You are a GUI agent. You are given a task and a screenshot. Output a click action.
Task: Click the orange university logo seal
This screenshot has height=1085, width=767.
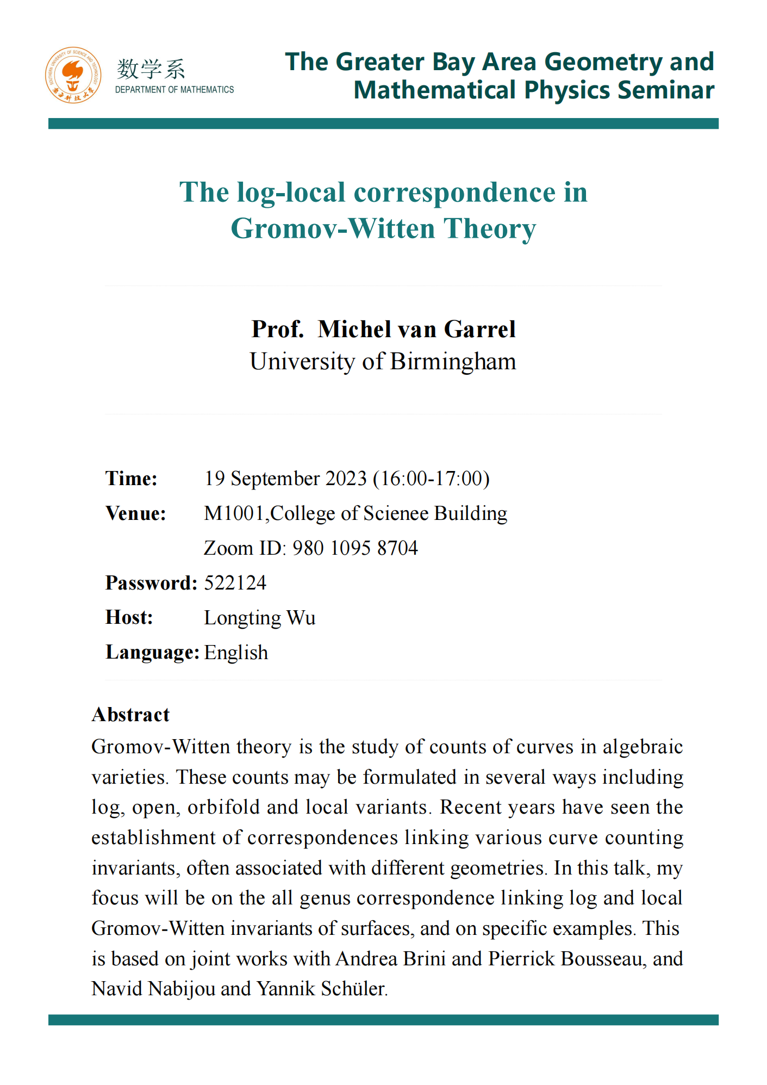coord(73,75)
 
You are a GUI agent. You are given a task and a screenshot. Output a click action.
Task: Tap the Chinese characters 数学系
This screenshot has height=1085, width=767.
coord(151,69)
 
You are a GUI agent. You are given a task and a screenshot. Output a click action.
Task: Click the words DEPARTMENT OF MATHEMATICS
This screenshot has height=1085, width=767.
coord(174,90)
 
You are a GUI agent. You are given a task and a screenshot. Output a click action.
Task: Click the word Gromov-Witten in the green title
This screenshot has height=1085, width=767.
coord(333,228)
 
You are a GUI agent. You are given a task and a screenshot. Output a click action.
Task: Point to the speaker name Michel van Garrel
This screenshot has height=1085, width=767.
coord(416,329)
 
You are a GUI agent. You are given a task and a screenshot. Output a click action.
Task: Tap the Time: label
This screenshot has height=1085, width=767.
coord(132,479)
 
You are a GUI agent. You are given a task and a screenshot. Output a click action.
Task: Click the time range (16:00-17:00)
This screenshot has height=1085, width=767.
coord(432,479)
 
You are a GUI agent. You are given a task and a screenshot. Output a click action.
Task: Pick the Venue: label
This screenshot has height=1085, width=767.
coord(136,513)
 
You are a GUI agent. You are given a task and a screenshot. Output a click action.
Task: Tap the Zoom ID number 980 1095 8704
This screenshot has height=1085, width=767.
coord(355,548)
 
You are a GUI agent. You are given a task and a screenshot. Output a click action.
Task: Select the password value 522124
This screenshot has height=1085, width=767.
coord(235,583)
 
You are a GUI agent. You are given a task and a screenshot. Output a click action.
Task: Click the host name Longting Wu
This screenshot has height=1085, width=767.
coord(259,618)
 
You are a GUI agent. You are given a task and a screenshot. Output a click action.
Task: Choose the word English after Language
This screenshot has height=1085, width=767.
coord(236,653)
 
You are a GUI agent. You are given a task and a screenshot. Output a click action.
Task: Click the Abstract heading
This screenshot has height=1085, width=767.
coord(130,715)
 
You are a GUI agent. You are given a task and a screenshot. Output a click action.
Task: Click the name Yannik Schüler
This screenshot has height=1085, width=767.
coord(321,989)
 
